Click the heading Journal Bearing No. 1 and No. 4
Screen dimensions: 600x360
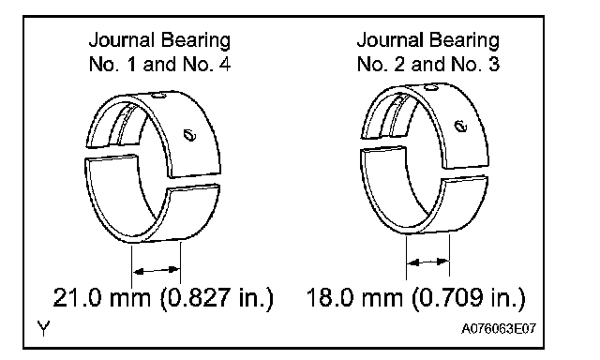point(159,52)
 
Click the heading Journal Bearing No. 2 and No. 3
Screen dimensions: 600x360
point(428,52)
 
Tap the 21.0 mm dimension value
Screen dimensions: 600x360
point(102,297)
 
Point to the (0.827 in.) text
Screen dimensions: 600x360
point(217,298)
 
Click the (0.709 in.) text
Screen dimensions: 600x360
point(469,298)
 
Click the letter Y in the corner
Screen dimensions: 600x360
point(44,329)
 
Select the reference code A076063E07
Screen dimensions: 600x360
point(498,329)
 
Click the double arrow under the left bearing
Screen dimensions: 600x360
point(156,271)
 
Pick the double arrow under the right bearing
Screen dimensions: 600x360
point(427,262)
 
